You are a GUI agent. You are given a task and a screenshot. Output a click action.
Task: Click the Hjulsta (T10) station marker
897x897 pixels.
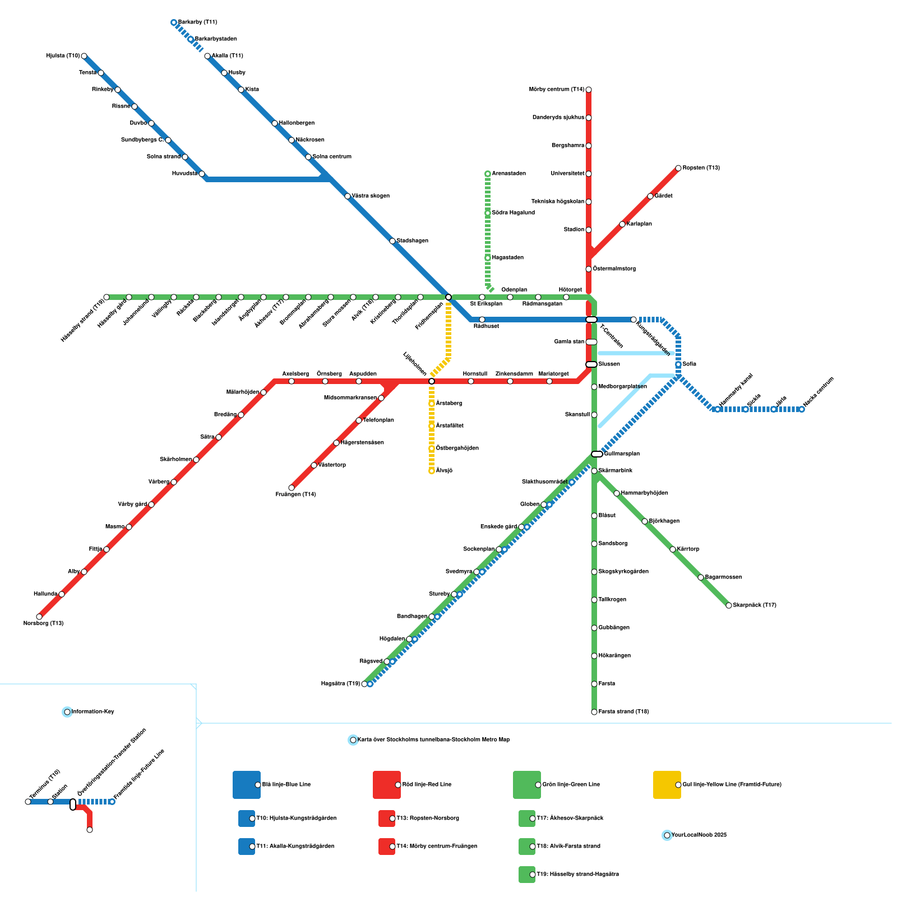pos(84,56)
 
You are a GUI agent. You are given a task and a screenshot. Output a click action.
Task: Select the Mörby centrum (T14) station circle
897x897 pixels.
pos(589,90)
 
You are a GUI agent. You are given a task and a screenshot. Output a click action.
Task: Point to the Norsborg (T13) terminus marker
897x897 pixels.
pos(39,617)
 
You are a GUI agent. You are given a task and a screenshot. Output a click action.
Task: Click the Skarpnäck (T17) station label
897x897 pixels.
pos(755,605)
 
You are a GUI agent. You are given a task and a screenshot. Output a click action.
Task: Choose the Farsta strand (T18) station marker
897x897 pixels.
pos(594,712)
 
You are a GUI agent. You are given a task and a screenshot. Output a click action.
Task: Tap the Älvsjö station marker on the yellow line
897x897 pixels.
pos(432,471)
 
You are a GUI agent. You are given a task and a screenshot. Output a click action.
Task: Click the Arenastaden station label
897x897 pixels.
pos(508,174)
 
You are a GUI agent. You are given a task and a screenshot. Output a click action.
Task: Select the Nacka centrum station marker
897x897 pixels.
pos(802,409)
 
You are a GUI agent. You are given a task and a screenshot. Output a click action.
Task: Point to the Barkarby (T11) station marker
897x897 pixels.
pos(174,22)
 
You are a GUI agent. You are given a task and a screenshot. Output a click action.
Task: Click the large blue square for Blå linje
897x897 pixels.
pos(247,784)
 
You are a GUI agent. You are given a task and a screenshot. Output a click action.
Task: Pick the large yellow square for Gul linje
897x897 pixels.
pos(667,784)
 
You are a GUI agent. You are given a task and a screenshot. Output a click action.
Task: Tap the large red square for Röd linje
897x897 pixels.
pos(387,784)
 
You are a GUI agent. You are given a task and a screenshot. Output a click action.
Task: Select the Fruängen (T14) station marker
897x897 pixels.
pos(292,488)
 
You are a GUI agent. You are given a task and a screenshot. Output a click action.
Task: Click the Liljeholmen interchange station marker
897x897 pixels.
pos(432,381)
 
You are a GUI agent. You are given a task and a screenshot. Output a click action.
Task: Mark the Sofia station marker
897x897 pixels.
pos(678,364)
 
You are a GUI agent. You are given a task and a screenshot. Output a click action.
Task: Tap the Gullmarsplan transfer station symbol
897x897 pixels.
pos(597,454)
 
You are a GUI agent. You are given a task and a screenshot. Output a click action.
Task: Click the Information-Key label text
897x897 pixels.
pos(93,712)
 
